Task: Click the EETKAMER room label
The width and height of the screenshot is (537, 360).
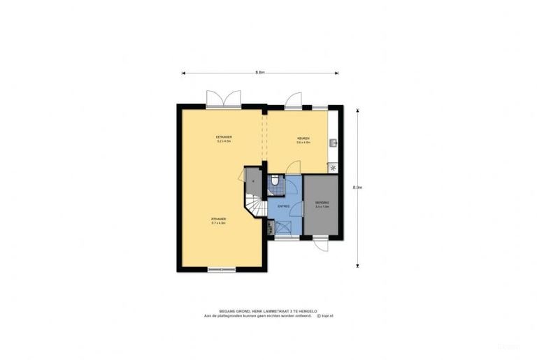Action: (x=224, y=137)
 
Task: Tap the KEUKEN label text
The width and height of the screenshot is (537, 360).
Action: (x=303, y=138)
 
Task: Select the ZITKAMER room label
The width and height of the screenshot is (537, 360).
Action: (x=218, y=219)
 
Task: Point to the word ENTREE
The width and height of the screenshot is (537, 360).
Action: (x=283, y=206)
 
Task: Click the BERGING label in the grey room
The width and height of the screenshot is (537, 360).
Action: (x=322, y=203)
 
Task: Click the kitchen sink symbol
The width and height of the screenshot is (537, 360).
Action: (x=334, y=143)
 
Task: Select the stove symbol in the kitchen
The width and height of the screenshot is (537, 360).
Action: (x=333, y=168)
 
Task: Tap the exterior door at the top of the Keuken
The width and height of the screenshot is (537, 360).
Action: (x=294, y=100)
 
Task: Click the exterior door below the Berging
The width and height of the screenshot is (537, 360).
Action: (x=320, y=243)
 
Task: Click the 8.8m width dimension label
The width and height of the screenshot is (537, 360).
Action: (x=259, y=72)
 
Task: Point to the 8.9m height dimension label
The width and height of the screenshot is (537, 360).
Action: (x=357, y=187)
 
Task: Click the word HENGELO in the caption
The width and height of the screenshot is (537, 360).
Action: (x=307, y=310)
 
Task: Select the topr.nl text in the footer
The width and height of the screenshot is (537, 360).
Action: (x=325, y=315)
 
